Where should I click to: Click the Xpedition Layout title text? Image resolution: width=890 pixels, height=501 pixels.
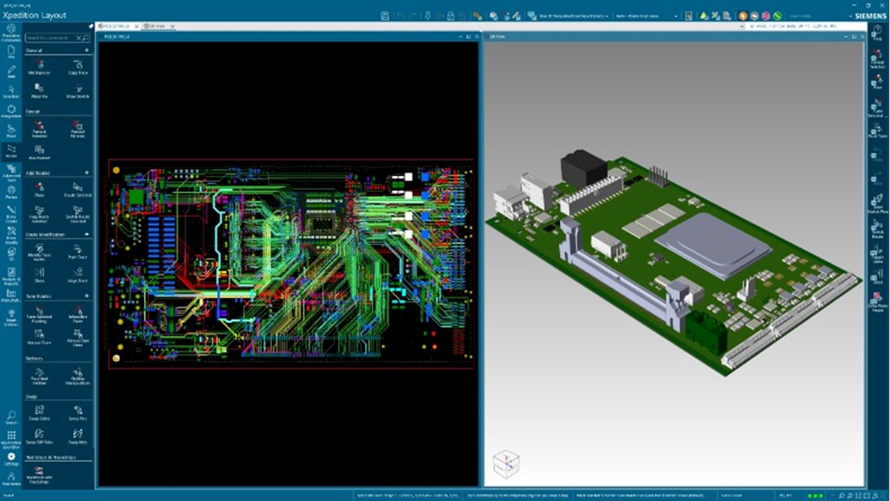35,15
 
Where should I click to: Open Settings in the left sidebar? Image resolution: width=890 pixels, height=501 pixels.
11,459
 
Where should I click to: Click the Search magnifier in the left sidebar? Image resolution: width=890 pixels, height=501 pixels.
11,417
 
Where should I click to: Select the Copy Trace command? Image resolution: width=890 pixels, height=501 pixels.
78,67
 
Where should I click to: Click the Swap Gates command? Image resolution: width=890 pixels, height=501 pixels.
39,413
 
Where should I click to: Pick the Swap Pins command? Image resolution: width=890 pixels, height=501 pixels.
78,413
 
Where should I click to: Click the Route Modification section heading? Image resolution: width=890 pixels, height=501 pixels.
45,234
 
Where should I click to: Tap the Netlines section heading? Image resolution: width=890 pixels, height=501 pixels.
35,358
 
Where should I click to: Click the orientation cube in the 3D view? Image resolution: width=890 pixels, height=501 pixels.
505,464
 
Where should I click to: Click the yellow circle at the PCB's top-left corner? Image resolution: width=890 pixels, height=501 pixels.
116,169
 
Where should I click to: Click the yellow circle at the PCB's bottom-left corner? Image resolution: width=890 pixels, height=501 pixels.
116,358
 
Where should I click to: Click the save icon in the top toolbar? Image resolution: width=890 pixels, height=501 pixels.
385,15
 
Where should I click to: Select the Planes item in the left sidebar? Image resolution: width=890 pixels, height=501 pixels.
11,191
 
